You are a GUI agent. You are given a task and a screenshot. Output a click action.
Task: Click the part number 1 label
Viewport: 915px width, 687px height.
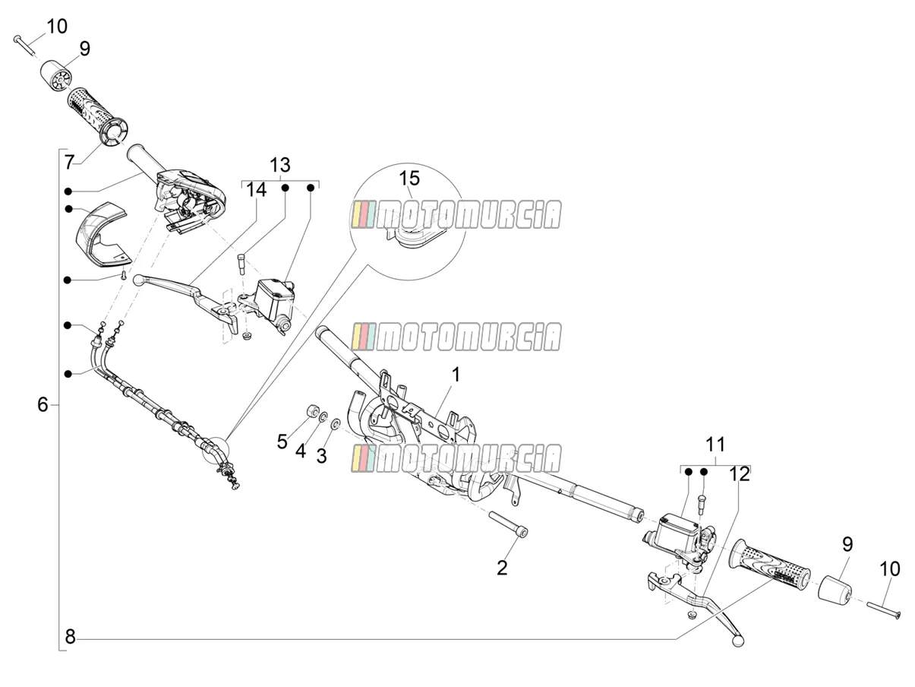pyautogui.click(x=456, y=374)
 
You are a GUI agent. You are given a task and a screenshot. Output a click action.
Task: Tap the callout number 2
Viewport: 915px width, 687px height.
pyautogui.click(x=502, y=568)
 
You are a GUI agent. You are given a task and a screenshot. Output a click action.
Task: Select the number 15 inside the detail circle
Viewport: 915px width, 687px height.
pyautogui.click(x=409, y=178)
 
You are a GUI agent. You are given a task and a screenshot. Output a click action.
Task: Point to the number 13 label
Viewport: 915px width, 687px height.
pyautogui.click(x=279, y=165)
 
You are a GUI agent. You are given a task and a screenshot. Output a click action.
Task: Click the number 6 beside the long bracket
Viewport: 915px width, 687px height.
pyautogui.click(x=43, y=404)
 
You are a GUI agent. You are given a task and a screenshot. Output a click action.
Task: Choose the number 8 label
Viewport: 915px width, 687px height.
pyautogui.click(x=70, y=637)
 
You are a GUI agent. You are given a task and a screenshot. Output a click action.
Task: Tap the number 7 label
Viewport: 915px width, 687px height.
pyautogui.click(x=69, y=162)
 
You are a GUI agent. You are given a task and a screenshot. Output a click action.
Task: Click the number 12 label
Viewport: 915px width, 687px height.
pyautogui.click(x=740, y=474)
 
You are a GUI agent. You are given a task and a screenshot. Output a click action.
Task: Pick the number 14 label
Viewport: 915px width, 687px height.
pyautogui.click(x=256, y=190)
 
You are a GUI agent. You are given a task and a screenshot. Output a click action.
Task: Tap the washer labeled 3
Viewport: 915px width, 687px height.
pyautogui.click(x=335, y=425)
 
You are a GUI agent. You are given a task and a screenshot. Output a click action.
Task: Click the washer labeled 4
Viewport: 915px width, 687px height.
pyautogui.click(x=323, y=416)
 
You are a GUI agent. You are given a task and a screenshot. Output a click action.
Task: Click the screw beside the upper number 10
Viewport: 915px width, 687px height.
pyautogui.click(x=24, y=46)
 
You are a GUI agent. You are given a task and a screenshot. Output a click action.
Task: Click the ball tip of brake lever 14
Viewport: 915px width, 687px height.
pyautogui.click(x=138, y=280)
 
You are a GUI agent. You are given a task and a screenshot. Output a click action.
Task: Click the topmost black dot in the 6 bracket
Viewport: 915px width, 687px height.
pyautogui.click(x=68, y=192)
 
